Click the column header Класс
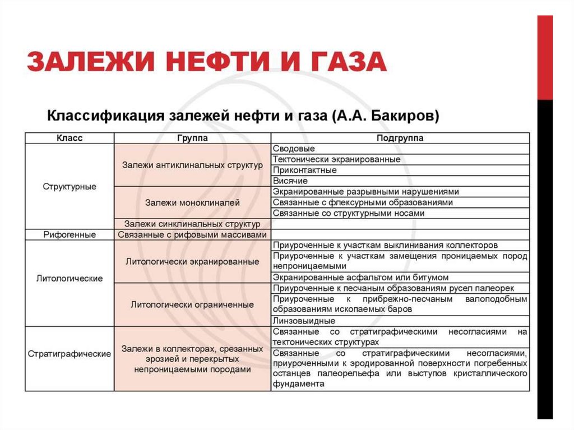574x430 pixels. click(70, 138)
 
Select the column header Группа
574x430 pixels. click(192, 138)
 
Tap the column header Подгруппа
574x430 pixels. click(400, 138)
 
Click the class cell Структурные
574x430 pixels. click(70, 187)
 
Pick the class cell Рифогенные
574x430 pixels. click(70, 235)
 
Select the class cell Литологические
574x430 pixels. click(70, 278)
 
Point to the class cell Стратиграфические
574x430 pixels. click(70, 354)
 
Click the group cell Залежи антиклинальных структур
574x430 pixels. click(192, 165)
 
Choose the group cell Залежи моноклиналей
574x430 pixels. click(192, 202)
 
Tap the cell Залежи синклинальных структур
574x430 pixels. click(192, 224)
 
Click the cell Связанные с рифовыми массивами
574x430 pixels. click(192, 235)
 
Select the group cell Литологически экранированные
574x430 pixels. click(192, 262)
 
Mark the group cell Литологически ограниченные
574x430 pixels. click(192, 305)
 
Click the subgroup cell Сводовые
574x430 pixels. click(294, 149)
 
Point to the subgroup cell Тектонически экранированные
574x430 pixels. click(336, 159)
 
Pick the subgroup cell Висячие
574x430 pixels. click(290, 181)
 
